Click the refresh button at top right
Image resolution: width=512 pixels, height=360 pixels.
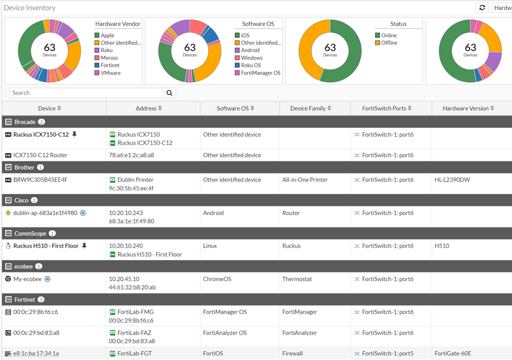click(482, 8)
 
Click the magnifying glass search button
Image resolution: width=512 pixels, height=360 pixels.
click(169, 93)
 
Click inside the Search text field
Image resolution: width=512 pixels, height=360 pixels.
click(86, 93)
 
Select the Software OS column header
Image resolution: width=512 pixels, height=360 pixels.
click(235, 108)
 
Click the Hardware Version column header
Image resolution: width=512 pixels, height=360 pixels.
click(468, 108)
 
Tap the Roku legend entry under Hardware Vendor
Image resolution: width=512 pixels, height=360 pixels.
click(107, 50)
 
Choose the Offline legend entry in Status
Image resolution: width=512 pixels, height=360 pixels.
click(389, 43)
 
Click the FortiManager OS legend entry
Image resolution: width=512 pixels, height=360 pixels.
click(260, 73)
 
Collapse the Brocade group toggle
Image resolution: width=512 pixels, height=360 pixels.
click(8, 122)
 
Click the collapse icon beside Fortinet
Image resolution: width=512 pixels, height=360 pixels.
click(8, 300)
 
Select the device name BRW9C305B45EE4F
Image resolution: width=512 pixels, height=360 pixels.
click(40, 180)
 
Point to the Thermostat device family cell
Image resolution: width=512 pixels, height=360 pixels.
click(297, 279)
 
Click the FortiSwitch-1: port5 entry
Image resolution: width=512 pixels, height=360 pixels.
click(387, 354)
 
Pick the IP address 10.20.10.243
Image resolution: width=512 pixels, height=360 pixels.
click(126, 213)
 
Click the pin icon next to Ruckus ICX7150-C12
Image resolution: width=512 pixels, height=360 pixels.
click(75, 135)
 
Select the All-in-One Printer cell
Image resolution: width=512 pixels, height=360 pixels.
click(305, 180)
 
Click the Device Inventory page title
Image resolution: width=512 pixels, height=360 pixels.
click(29, 8)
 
